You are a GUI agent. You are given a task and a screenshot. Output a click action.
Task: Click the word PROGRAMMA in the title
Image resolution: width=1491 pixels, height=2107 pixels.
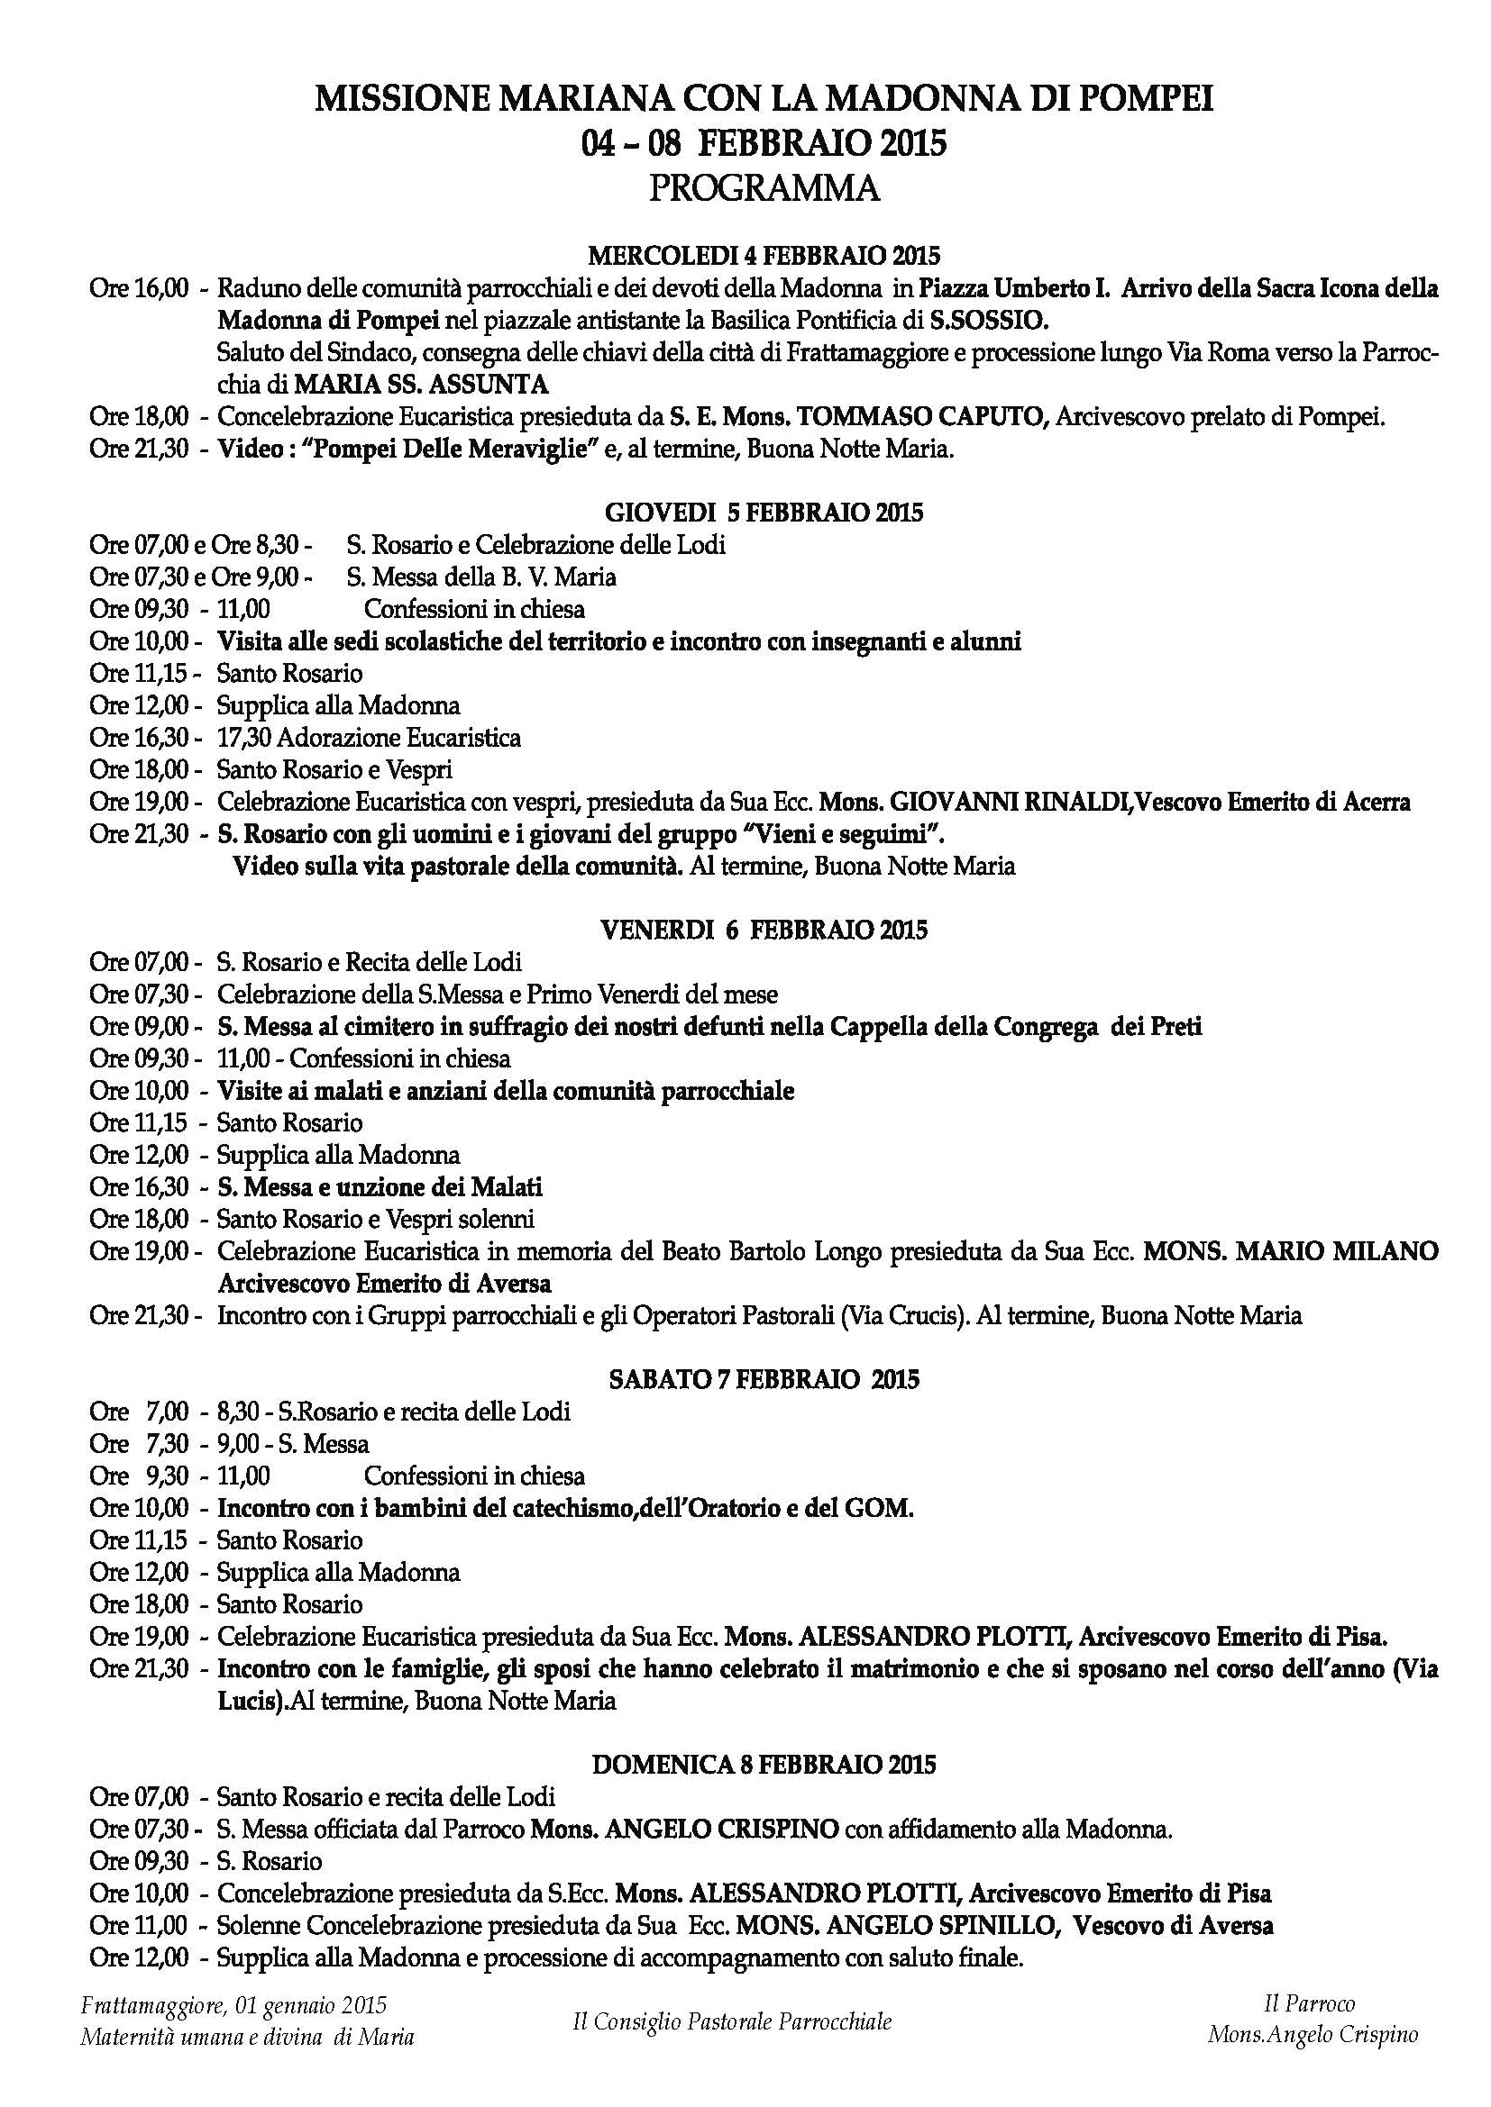coord(764,189)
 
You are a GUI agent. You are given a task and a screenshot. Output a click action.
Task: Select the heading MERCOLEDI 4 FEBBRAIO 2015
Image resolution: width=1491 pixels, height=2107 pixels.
coord(764,254)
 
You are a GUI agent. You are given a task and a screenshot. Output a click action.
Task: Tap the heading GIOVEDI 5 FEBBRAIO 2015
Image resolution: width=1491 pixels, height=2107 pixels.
coord(764,512)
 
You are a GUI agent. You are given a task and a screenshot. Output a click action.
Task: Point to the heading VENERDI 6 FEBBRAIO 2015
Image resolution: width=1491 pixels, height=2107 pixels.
coord(764,930)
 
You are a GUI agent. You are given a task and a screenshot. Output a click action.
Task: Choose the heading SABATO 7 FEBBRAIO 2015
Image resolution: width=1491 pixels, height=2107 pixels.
coord(764,1379)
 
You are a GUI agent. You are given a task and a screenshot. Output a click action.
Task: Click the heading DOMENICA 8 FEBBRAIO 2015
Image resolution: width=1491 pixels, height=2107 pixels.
coord(764,1764)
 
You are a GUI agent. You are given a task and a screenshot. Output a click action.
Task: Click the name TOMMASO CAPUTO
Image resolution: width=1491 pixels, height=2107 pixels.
coord(923,418)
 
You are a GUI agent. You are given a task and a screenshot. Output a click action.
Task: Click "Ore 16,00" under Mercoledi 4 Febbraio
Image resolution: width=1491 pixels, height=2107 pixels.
coord(138,289)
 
